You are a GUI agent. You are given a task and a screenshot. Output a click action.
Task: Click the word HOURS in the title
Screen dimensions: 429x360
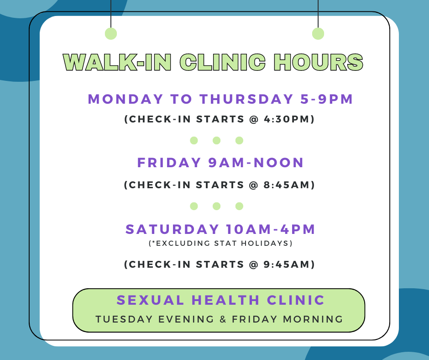(319, 62)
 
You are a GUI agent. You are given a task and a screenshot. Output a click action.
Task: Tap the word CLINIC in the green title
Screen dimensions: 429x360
(223, 62)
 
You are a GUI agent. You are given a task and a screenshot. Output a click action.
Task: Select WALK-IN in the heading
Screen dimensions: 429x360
(117, 62)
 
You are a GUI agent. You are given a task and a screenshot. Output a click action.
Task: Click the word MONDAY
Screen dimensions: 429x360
(126, 99)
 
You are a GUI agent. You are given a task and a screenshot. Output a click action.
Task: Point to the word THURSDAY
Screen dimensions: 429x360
(246, 99)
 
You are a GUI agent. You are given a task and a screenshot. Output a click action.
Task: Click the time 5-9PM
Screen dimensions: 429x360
(327, 99)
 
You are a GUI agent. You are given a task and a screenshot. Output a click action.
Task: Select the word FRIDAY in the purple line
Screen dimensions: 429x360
(169, 163)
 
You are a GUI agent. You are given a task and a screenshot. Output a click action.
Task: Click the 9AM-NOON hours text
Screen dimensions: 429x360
(256, 163)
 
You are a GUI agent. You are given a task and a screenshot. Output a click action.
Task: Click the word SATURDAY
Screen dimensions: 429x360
(172, 229)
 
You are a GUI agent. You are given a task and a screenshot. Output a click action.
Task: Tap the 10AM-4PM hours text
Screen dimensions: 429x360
(271, 229)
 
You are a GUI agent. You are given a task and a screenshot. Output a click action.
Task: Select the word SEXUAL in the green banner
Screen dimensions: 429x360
(150, 300)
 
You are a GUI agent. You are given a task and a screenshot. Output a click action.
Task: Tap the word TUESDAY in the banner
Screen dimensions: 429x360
(124, 319)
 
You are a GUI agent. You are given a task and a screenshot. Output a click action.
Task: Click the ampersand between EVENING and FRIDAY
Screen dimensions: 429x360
(223, 319)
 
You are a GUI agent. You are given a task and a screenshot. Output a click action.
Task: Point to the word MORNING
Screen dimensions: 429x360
(313, 319)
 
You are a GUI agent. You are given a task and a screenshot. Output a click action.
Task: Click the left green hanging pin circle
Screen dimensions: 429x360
(111, 34)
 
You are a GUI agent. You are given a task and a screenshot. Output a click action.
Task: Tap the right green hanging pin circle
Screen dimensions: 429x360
(318, 34)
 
